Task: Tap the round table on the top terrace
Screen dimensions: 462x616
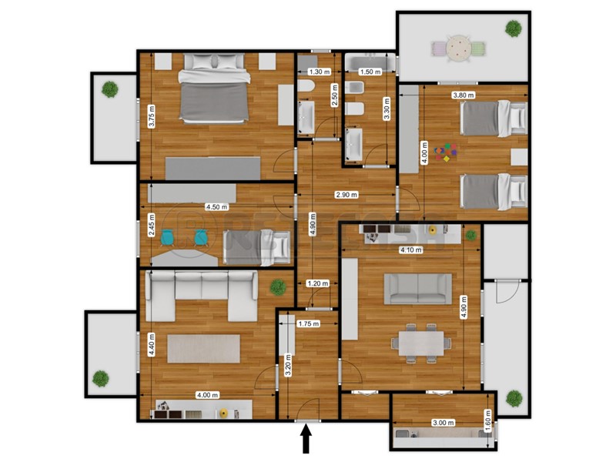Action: [459, 48]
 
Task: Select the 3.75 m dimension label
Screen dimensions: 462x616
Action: [152, 115]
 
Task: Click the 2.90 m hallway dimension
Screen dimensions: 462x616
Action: [345, 195]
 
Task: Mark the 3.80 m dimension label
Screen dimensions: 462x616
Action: [464, 95]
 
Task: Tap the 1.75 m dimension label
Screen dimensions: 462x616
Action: [308, 324]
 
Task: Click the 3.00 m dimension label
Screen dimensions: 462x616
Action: [442, 423]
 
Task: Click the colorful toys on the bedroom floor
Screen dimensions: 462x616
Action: [446, 152]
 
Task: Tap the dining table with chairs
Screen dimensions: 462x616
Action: [420, 342]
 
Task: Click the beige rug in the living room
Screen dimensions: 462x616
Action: [205, 347]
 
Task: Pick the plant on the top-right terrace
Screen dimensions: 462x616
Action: [513, 28]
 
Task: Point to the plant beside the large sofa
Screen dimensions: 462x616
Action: [276, 287]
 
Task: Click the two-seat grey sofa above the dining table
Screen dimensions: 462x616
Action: [418, 289]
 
